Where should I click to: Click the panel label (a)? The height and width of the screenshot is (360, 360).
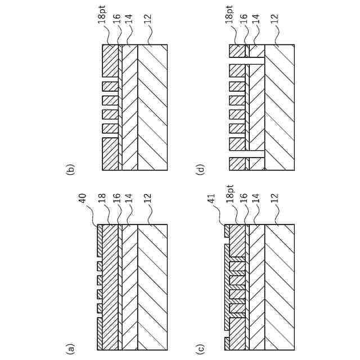tap(70, 349)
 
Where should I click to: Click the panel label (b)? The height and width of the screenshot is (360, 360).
tap(70, 169)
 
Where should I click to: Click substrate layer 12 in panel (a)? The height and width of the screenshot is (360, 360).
tap(152, 287)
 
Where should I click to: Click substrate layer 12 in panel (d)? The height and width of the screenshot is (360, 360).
tap(280, 107)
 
